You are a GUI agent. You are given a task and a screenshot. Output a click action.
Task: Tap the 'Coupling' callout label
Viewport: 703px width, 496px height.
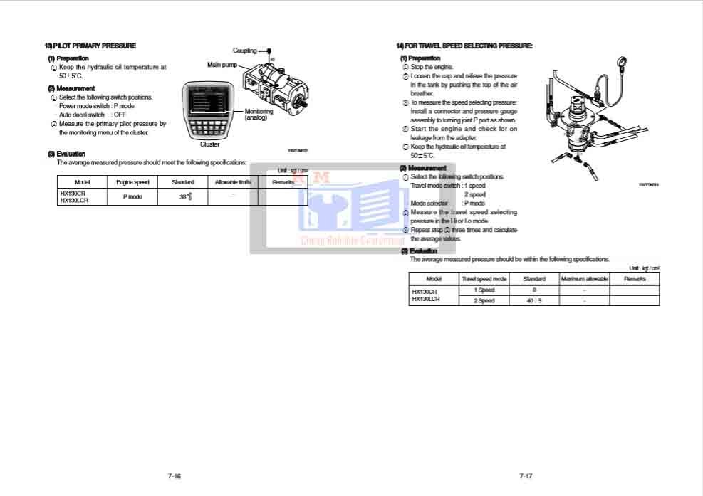click(244, 51)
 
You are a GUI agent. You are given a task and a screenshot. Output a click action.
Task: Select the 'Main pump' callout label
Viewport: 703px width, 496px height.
click(222, 65)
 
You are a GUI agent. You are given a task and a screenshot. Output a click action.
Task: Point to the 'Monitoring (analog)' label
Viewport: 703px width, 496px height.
click(259, 115)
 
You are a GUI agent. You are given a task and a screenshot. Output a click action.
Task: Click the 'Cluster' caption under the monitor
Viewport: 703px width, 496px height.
click(210, 144)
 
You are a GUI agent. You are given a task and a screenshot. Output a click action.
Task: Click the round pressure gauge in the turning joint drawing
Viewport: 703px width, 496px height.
click(625, 62)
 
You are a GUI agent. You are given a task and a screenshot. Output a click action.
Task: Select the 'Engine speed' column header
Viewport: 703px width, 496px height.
click(132, 183)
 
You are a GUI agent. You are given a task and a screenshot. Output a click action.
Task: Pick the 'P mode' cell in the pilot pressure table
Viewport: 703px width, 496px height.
click(132, 197)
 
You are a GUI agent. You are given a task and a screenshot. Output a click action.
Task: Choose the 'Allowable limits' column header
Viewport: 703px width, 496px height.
click(233, 183)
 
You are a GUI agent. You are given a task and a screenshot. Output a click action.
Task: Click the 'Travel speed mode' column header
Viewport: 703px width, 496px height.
click(484, 279)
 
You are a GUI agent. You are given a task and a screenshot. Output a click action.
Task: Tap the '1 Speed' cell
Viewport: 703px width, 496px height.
click(484, 290)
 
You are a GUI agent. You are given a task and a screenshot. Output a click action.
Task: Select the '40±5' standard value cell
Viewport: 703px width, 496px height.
click(534, 301)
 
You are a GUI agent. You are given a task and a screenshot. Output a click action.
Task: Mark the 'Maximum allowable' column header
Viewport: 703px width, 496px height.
click(584, 279)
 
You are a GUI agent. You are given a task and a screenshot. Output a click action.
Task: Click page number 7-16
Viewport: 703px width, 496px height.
click(175, 475)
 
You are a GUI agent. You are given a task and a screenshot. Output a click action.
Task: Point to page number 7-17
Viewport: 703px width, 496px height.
click(526, 475)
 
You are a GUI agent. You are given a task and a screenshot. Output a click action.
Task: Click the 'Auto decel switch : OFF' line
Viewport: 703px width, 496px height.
click(93, 115)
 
